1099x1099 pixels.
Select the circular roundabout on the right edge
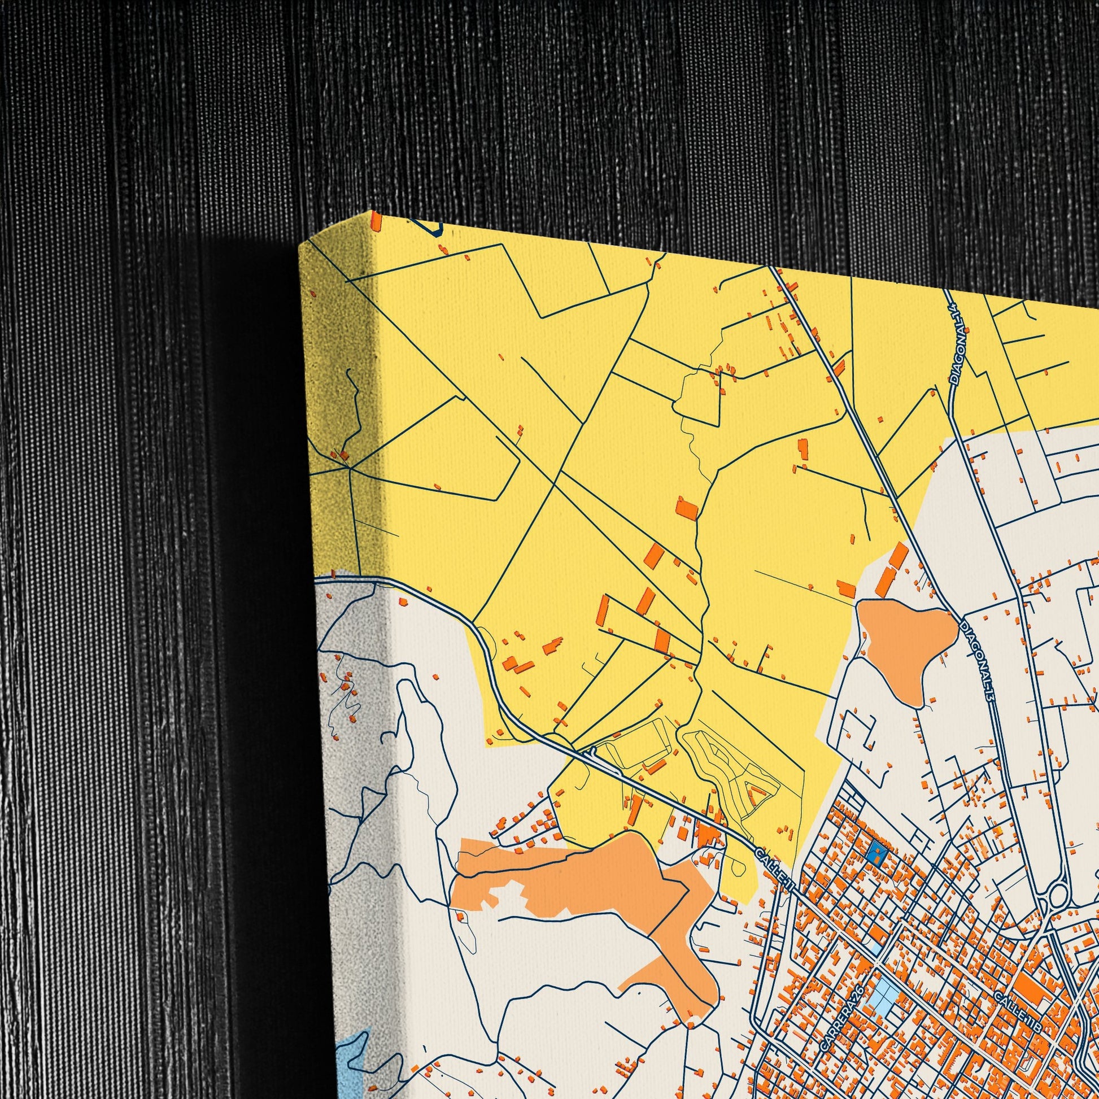point(1057,896)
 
